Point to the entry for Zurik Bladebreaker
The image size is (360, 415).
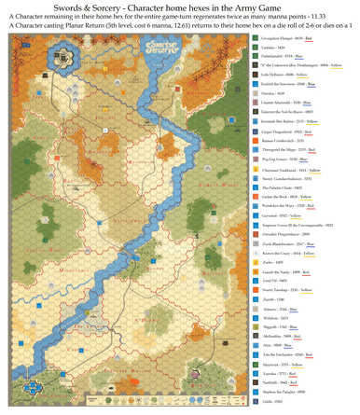point(290,243)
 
